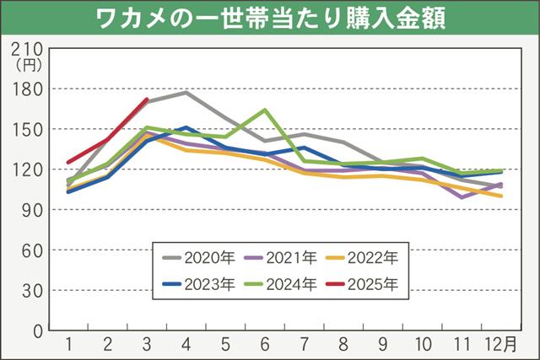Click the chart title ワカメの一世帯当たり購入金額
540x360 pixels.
click(x=270, y=16)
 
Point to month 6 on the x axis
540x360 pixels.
click(x=264, y=345)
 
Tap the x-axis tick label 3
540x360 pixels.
click(x=147, y=345)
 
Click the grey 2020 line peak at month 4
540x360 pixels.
click(x=186, y=92)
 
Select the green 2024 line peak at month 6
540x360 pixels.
click(x=264, y=110)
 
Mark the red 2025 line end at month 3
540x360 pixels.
click(x=147, y=99)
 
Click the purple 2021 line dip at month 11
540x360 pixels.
click(x=462, y=197)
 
